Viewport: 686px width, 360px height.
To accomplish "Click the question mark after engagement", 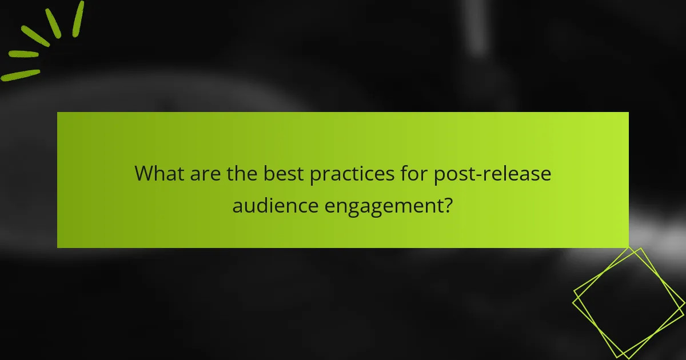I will coord(448,205).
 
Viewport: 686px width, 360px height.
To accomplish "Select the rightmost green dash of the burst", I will coord(78,18).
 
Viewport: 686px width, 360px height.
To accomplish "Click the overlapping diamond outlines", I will coord(628,303).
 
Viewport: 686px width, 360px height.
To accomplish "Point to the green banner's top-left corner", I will coord(57,112).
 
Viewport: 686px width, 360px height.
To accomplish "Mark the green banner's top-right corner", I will coord(628,112).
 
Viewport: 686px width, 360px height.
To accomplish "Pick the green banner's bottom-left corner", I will coord(57,247).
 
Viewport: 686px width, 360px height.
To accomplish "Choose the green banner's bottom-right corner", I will coord(628,247).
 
